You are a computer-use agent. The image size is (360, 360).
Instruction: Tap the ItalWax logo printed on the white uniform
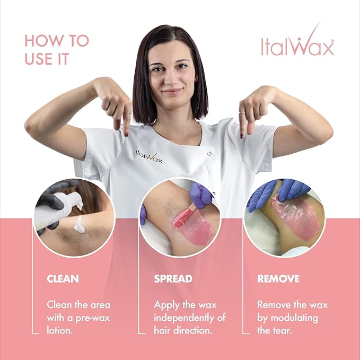[148, 157]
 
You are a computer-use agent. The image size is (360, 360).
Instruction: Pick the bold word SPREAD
[173, 278]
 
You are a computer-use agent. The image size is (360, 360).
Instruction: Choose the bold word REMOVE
[278, 278]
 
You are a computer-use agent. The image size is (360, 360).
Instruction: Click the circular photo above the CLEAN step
[74, 217]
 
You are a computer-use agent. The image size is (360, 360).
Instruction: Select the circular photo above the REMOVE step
[285, 217]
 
